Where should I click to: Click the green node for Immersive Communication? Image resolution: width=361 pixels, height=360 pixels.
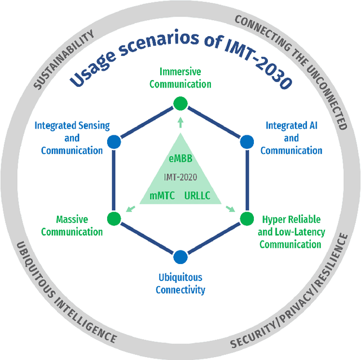tap(180, 103)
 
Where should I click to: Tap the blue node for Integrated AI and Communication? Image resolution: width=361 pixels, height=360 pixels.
tap(246, 141)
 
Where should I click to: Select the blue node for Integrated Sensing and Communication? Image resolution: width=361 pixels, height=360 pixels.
tap(113, 141)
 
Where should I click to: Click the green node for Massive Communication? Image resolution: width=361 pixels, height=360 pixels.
tap(113, 218)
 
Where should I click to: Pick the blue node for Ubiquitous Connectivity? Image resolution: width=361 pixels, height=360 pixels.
tap(180, 257)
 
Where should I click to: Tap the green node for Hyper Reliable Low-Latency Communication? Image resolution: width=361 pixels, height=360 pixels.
tap(246, 218)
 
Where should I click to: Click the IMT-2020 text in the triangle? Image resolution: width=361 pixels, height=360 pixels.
tap(180, 177)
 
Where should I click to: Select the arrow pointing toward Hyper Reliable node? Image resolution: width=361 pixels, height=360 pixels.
tap(230, 209)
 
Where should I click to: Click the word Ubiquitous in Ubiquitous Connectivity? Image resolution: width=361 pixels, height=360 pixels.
tap(180, 278)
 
